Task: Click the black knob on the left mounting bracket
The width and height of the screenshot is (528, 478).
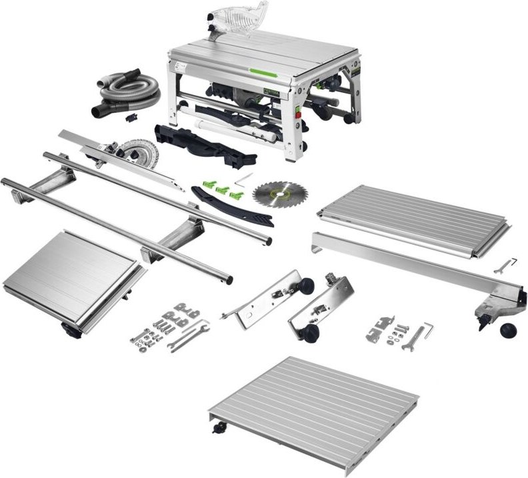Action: (x=306, y=286)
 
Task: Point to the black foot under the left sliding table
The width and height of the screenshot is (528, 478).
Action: (x=69, y=328)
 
